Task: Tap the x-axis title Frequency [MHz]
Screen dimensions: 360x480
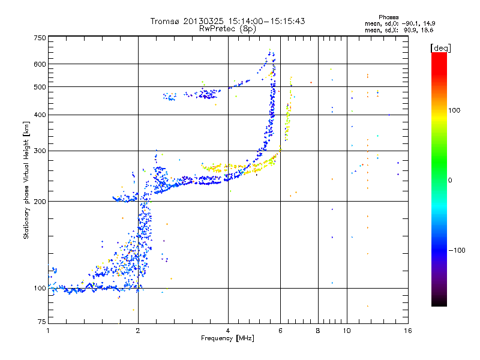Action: pos(227,339)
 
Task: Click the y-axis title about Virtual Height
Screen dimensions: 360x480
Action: pos(26,181)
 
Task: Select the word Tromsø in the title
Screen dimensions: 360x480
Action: pos(165,21)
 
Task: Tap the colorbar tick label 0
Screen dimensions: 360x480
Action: pos(451,180)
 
